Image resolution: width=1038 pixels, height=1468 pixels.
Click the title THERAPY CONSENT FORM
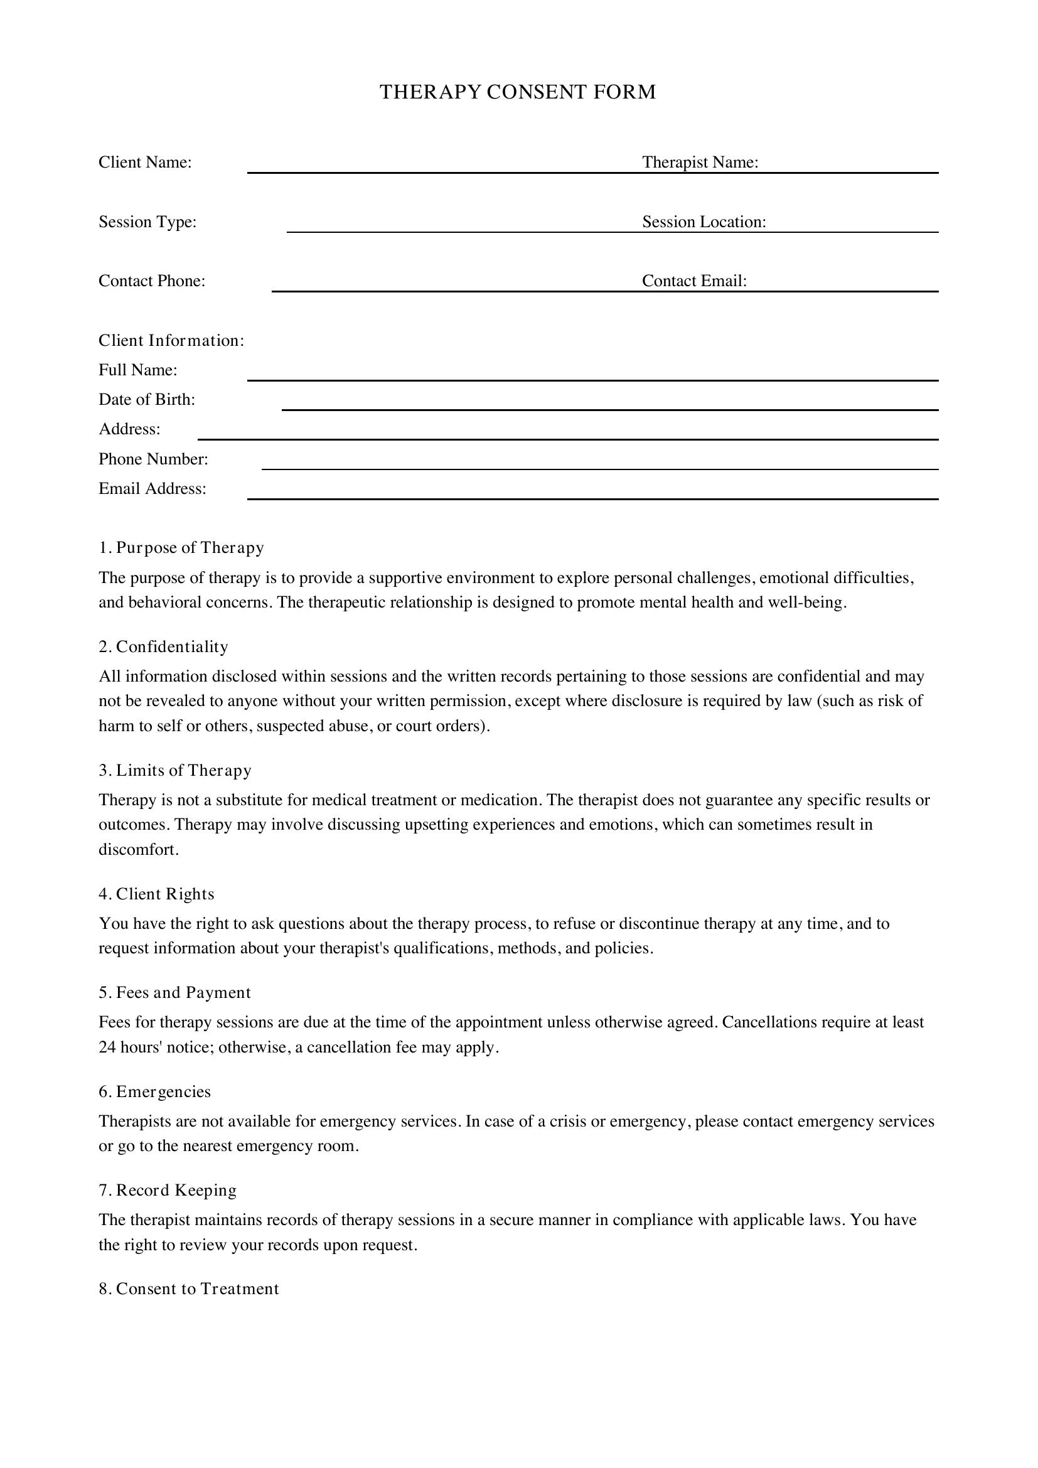click(518, 92)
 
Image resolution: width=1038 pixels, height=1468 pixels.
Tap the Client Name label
click(145, 163)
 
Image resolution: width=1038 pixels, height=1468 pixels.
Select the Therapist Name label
click(700, 163)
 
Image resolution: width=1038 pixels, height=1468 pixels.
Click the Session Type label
click(147, 222)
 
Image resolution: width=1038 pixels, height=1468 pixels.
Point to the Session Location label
click(704, 222)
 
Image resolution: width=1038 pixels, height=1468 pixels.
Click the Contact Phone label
click(151, 281)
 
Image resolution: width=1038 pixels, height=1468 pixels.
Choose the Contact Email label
click(694, 281)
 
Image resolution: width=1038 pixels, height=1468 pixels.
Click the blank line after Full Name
click(592, 379)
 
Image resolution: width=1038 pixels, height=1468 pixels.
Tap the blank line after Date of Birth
click(610, 409)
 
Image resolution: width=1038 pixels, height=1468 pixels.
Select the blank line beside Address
click(567, 438)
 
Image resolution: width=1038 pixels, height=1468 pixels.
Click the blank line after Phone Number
click(599, 468)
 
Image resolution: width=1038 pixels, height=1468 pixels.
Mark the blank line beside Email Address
click(592, 498)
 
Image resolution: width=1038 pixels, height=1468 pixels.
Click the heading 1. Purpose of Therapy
click(181, 548)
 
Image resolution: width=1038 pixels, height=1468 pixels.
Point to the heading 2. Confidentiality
click(163, 647)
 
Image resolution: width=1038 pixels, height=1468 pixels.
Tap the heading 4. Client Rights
click(156, 894)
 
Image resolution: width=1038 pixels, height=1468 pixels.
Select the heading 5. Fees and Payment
click(174, 993)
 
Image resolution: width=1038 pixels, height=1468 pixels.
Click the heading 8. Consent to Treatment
click(188, 1289)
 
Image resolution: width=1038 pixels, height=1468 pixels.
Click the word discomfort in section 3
click(137, 850)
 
